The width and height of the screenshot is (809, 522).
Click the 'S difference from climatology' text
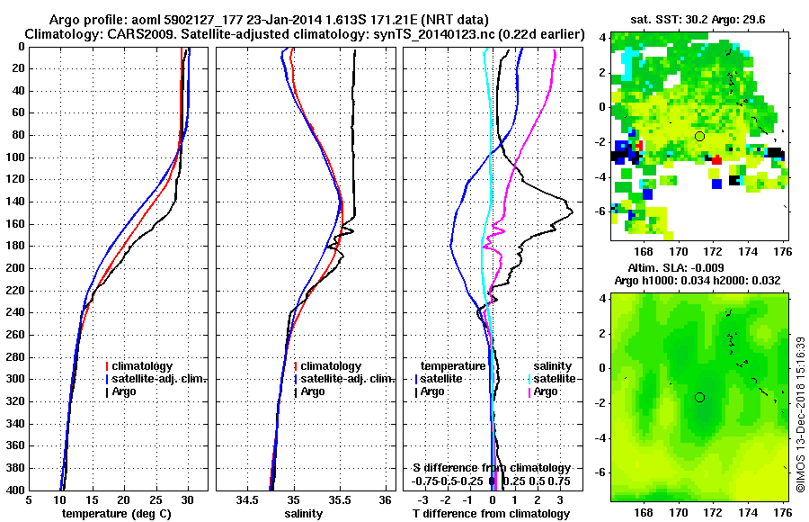tap(491, 468)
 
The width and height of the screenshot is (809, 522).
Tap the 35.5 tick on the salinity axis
tap(341, 499)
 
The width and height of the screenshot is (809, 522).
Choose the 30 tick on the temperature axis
tap(188, 499)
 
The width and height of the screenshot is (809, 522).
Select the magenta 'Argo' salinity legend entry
tap(545, 391)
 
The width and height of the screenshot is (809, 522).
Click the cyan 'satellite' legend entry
tap(548, 379)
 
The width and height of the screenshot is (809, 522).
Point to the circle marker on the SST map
tap(699, 136)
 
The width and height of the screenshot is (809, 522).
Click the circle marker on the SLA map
tap(699, 397)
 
